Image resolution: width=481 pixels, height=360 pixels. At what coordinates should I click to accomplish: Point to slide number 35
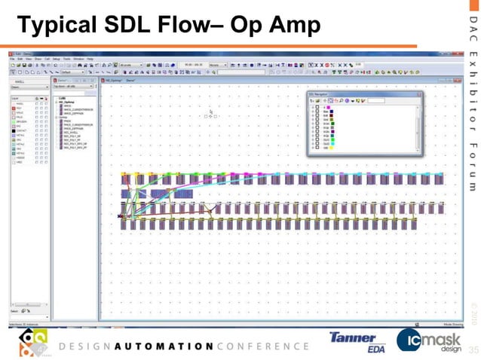(x=473, y=350)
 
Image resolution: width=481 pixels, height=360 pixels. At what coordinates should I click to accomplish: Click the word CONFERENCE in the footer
(x=262, y=346)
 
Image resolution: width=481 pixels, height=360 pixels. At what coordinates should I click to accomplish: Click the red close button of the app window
(x=459, y=55)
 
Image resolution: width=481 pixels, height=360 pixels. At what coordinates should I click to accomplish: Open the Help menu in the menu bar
(x=97, y=59)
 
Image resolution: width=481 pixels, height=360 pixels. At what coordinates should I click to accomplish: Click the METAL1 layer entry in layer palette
(x=20, y=134)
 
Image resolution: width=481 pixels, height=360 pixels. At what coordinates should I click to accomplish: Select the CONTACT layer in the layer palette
(x=21, y=130)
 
